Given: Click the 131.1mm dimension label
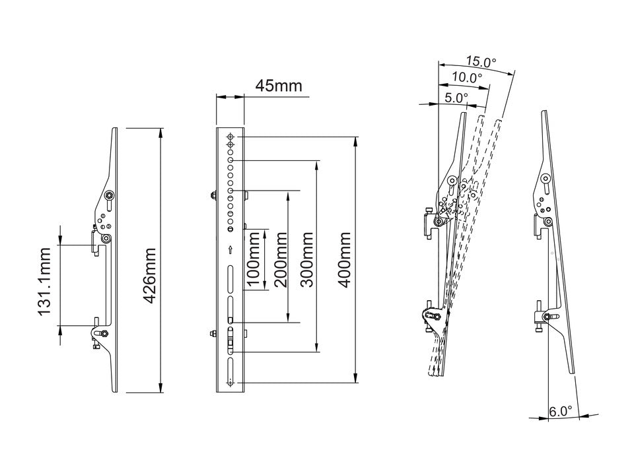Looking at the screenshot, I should click(x=44, y=282).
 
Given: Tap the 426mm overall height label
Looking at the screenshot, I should click(x=149, y=276).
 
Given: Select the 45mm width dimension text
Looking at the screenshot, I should click(x=277, y=86).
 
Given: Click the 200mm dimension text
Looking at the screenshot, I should click(x=280, y=259).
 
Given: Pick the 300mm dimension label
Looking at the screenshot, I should click(x=306, y=259).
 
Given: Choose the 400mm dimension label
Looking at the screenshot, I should click(x=344, y=259).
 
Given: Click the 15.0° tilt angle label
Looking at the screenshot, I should click(x=480, y=63).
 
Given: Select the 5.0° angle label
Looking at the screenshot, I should click(x=456, y=97).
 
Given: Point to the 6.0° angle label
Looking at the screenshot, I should click(x=561, y=411).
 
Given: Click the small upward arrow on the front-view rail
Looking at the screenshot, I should click(x=230, y=249).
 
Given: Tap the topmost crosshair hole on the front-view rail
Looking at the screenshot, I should click(x=230, y=137).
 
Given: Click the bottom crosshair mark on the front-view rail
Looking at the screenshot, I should click(x=230, y=383).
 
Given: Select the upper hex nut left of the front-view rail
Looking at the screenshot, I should click(x=214, y=195).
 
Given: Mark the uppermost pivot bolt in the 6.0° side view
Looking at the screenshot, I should click(x=546, y=179).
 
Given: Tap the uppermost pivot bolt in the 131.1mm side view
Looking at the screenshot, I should click(x=109, y=195).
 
